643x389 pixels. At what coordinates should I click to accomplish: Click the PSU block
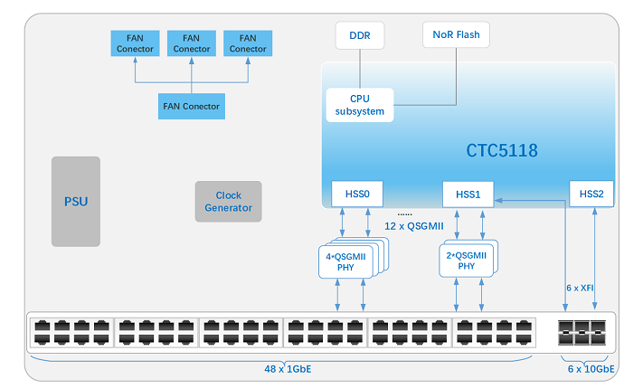[76, 202]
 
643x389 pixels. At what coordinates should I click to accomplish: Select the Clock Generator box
[229, 202]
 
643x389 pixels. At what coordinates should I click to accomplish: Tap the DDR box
[360, 35]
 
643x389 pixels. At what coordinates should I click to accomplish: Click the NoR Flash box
[456, 34]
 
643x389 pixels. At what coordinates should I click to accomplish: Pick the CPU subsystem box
[360, 105]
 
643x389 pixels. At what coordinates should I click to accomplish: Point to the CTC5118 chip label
[502, 150]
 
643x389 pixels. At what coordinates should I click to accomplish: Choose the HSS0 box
[357, 194]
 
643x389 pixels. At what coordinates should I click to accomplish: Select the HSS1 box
[468, 194]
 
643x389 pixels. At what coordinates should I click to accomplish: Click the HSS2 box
[591, 194]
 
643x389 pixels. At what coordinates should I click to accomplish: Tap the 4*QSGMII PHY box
[345, 261]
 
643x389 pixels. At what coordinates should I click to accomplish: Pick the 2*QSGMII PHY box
[467, 261]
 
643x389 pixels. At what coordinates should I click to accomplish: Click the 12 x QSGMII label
[414, 226]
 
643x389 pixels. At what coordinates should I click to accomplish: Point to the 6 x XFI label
[580, 288]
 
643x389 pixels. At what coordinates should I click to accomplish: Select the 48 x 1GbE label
[288, 369]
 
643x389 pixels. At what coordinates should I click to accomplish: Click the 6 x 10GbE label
[591, 369]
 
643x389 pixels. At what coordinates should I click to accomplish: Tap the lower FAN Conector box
[192, 106]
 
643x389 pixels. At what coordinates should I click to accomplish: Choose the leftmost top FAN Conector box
[135, 43]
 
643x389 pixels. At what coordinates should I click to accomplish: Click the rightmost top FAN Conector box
[248, 43]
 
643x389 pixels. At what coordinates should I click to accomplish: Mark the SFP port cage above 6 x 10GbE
[582, 332]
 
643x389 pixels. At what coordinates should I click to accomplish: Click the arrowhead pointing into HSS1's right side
[498, 200]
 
